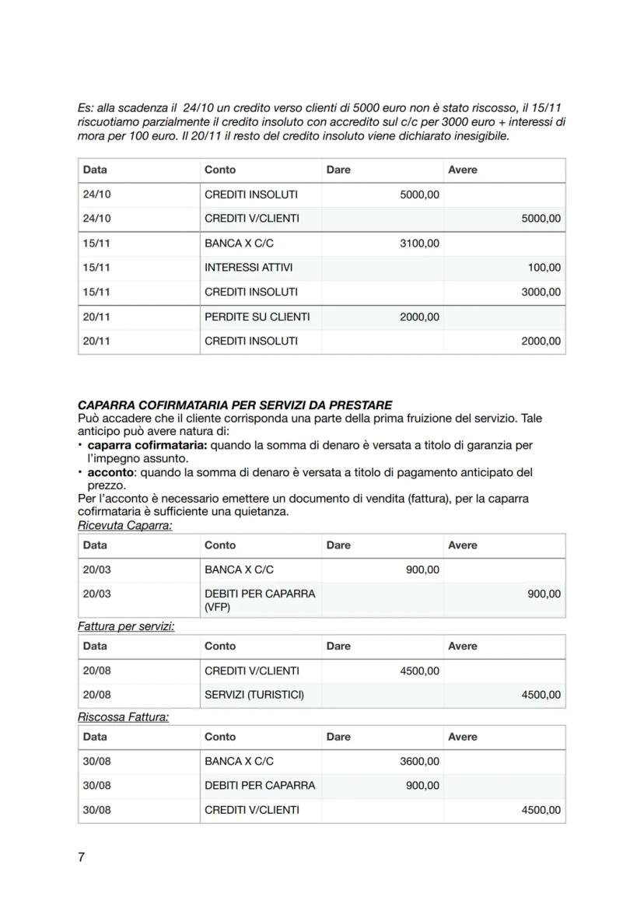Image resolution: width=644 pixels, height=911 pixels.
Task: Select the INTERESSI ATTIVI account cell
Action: click(248, 268)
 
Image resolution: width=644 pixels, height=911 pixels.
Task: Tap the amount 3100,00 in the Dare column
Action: click(419, 244)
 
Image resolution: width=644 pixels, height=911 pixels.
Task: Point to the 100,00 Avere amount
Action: click(544, 268)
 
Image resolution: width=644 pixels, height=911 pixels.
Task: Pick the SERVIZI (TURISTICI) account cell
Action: click(254, 695)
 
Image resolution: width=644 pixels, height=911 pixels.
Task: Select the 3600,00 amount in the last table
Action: click(419, 761)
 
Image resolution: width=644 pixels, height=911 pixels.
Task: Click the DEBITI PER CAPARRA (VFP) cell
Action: click(259, 600)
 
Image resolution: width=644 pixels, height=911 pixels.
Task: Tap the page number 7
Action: click(81, 857)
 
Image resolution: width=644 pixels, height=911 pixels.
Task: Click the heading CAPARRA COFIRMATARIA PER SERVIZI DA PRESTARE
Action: click(235, 405)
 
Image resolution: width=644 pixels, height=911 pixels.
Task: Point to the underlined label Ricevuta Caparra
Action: click(124, 526)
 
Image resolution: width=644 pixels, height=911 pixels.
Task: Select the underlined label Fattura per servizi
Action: click(125, 627)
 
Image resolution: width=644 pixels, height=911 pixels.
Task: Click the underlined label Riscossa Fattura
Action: click(123, 717)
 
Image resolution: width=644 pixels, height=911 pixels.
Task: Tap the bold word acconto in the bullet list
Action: click(110, 472)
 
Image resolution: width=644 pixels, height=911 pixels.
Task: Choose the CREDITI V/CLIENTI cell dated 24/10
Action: click(251, 219)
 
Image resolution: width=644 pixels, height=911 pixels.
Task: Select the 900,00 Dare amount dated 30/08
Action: click(422, 785)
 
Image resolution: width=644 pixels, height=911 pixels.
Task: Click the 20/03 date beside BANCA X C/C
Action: click(96, 569)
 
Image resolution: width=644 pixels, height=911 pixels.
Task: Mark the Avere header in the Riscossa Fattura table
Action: click(463, 737)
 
